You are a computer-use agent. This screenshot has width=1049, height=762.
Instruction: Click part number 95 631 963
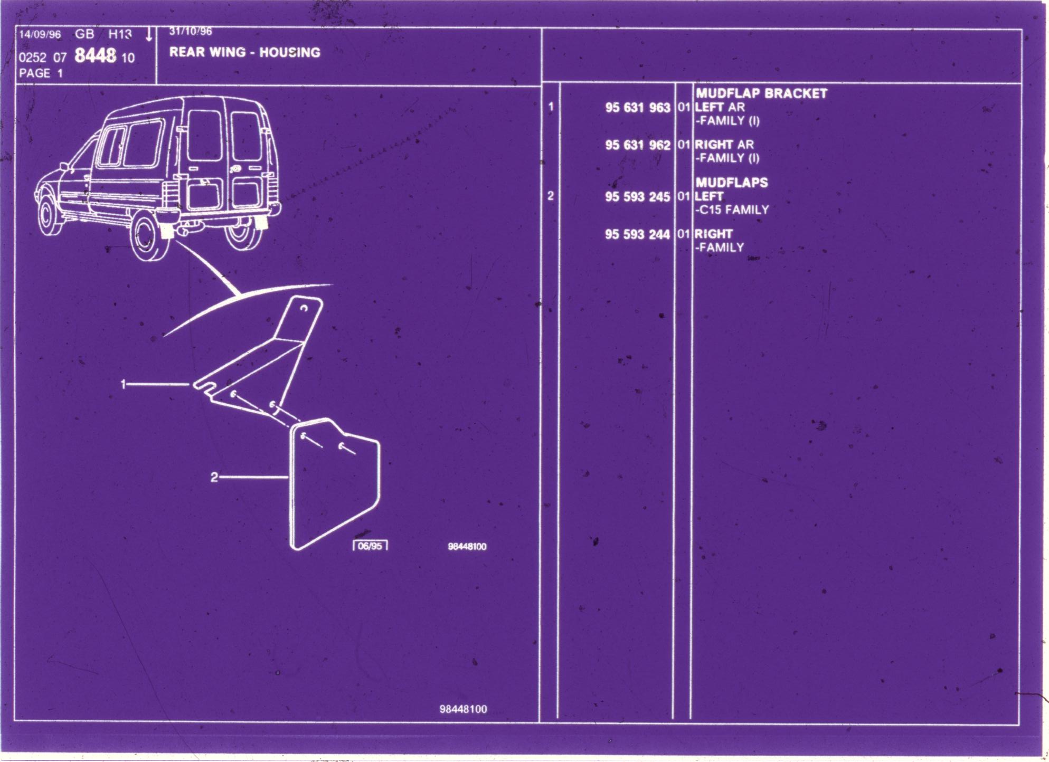point(637,108)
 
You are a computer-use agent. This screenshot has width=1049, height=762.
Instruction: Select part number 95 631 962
point(637,145)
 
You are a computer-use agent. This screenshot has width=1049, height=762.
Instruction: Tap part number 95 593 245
point(637,197)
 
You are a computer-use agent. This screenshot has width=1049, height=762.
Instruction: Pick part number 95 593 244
point(637,234)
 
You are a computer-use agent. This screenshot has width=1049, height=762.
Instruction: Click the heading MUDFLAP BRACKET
point(761,94)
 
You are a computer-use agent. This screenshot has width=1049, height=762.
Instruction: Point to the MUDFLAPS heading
point(731,183)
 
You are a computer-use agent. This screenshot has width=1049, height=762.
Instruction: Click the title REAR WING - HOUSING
point(245,52)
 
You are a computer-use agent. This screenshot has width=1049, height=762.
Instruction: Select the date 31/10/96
point(190,32)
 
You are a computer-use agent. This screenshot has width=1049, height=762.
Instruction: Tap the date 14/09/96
point(40,35)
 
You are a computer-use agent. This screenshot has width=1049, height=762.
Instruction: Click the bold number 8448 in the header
point(95,55)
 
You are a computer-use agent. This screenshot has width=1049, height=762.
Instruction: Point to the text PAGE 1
point(41,73)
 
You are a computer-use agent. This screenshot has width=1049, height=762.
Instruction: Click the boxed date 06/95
point(370,546)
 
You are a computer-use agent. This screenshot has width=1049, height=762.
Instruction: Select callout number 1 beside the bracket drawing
point(124,384)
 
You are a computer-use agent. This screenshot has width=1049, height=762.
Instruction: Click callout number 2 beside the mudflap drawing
point(214,478)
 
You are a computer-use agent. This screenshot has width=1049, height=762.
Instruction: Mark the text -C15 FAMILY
point(732,210)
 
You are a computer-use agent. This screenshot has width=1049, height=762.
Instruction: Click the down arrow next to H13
point(149,34)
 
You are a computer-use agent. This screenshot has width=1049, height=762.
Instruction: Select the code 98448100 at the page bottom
point(463,709)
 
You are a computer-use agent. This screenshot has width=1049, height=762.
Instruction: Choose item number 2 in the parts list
point(551,196)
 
